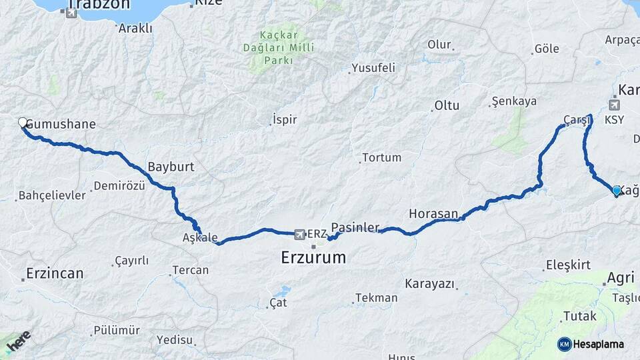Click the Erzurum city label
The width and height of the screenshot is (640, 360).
(x=313, y=257)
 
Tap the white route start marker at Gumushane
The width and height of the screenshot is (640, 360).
(x=23, y=123)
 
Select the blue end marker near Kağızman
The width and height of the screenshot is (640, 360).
(x=617, y=191)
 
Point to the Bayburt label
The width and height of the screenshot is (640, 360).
(x=171, y=167)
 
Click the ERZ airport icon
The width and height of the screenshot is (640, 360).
(x=300, y=234)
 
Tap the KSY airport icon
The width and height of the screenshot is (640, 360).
(x=614, y=105)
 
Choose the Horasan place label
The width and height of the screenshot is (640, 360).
(x=433, y=214)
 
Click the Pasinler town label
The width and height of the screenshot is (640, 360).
(x=355, y=227)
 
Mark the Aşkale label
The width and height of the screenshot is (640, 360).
(x=200, y=238)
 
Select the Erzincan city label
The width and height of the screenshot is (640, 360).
(x=55, y=273)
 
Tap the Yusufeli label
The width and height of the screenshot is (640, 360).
(x=373, y=67)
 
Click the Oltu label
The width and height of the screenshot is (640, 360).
(x=447, y=105)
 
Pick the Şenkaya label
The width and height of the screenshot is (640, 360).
(x=514, y=101)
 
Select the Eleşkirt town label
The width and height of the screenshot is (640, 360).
(x=568, y=265)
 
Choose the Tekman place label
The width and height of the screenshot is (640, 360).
(x=376, y=298)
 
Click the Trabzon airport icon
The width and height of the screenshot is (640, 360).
(x=72, y=12)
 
